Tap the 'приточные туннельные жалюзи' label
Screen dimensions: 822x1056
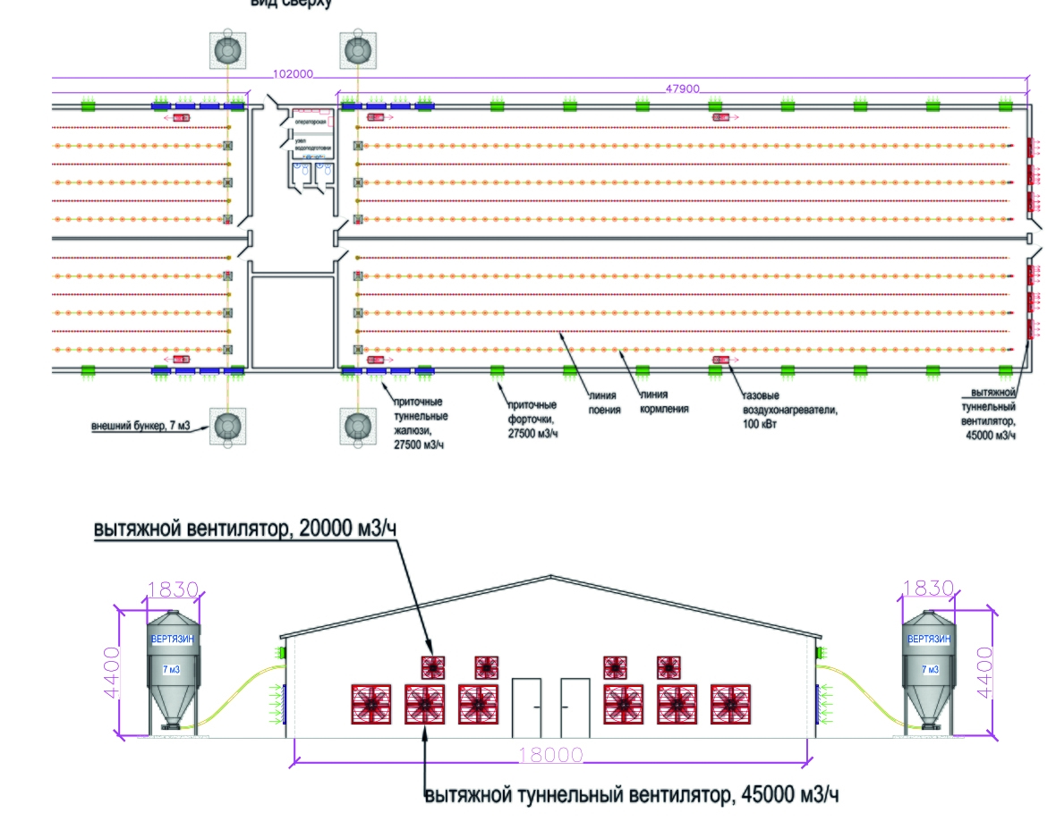[x=421, y=422]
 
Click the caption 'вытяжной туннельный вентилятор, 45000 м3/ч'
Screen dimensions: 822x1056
[x=632, y=794]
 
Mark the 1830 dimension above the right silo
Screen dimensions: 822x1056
[x=929, y=590]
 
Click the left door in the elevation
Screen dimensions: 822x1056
[x=526, y=707]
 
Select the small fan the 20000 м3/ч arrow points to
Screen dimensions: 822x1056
[x=433, y=666]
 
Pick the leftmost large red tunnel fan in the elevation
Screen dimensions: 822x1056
[x=371, y=704]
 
